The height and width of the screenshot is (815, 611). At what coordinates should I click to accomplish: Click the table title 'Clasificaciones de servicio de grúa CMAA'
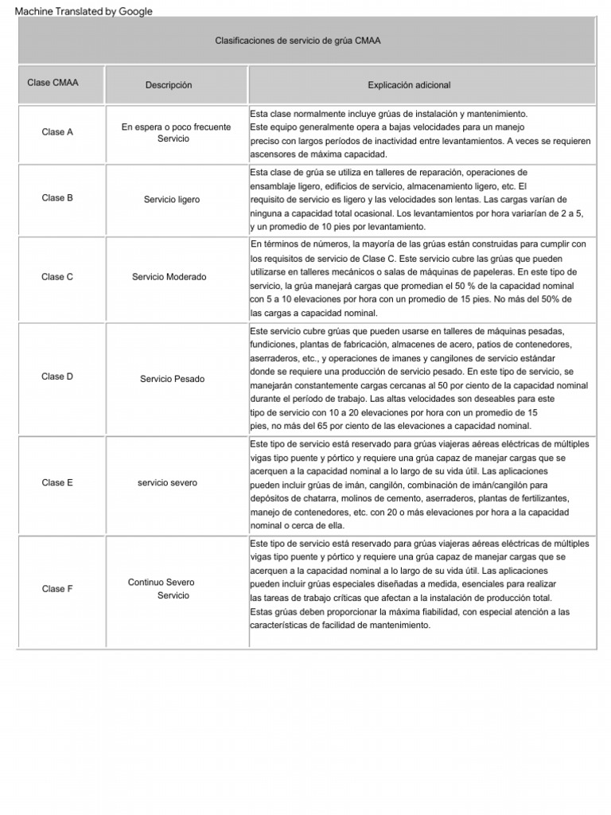pyautogui.click(x=298, y=41)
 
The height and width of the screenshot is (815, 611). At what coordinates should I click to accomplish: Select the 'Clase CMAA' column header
pyautogui.click(x=53, y=83)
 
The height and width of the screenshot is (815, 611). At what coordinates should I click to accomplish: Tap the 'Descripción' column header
pyautogui.click(x=169, y=85)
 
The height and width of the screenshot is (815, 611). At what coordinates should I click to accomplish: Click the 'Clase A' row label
pyautogui.click(x=57, y=132)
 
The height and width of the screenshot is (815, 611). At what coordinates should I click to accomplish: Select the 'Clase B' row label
pyautogui.click(x=57, y=198)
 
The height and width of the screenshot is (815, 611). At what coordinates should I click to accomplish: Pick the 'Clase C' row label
pyautogui.click(x=57, y=277)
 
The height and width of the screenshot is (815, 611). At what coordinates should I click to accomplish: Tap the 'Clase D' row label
pyautogui.click(x=57, y=376)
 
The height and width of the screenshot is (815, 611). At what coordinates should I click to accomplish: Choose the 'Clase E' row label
pyautogui.click(x=57, y=483)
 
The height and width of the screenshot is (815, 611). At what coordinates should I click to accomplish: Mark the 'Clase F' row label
pyautogui.click(x=57, y=589)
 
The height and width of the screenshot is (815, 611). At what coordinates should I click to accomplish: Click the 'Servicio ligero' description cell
pyautogui.click(x=172, y=200)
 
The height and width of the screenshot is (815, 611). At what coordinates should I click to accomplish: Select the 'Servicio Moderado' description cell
pyautogui.click(x=169, y=277)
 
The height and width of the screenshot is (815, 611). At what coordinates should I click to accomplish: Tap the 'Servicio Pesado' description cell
pyautogui.click(x=172, y=379)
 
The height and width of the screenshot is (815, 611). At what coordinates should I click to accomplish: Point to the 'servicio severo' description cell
pyautogui.click(x=167, y=483)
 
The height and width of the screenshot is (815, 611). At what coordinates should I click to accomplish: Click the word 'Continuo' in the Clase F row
pyautogui.click(x=146, y=583)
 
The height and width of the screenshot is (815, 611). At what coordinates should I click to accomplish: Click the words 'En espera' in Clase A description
pyautogui.click(x=142, y=127)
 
